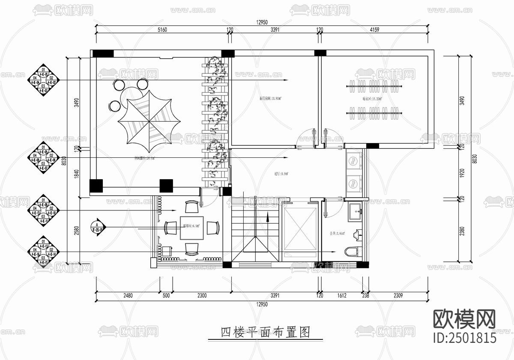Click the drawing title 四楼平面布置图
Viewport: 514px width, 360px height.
click(x=265, y=332)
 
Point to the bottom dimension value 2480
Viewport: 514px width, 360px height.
click(x=127, y=296)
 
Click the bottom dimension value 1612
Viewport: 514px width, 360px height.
click(x=341, y=296)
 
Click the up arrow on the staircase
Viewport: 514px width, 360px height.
click(x=268, y=217)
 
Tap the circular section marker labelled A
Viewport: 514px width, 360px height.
click(x=98, y=226)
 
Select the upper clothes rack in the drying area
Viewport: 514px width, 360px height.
click(x=374, y=87)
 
